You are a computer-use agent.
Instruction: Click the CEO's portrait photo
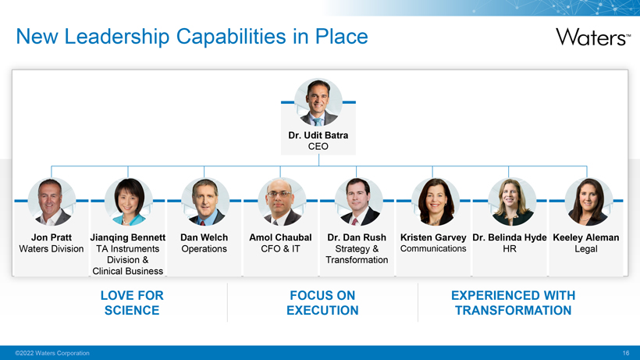click(318, 102)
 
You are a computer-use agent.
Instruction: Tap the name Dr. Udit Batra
click(318, 135)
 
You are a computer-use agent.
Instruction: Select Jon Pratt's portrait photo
click(52, 201)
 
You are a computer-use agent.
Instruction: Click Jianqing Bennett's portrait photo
click(129, 201)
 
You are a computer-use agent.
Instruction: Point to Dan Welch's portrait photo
click(205, 201)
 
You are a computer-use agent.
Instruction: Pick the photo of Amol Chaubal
click(282, 201)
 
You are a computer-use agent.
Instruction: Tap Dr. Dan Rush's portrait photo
click(358, 201)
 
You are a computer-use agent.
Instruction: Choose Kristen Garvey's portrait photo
click(435, 201)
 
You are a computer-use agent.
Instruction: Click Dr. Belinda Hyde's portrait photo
click(512, 201)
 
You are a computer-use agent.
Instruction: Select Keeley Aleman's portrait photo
click(588, 201)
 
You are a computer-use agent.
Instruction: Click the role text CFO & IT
click(280, 248)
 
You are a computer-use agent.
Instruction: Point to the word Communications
click(433, 248)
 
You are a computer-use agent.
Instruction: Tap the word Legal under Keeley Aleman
click(586, 249)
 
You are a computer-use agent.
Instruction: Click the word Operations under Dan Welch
click(204, 249)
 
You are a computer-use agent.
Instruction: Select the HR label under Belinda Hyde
click(510, 248)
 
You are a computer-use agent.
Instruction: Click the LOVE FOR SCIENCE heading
click(132, 303)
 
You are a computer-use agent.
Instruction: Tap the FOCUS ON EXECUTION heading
click(322, 303)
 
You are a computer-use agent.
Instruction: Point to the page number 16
click(626, 353)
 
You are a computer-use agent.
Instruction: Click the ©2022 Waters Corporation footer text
click(52, 353)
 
